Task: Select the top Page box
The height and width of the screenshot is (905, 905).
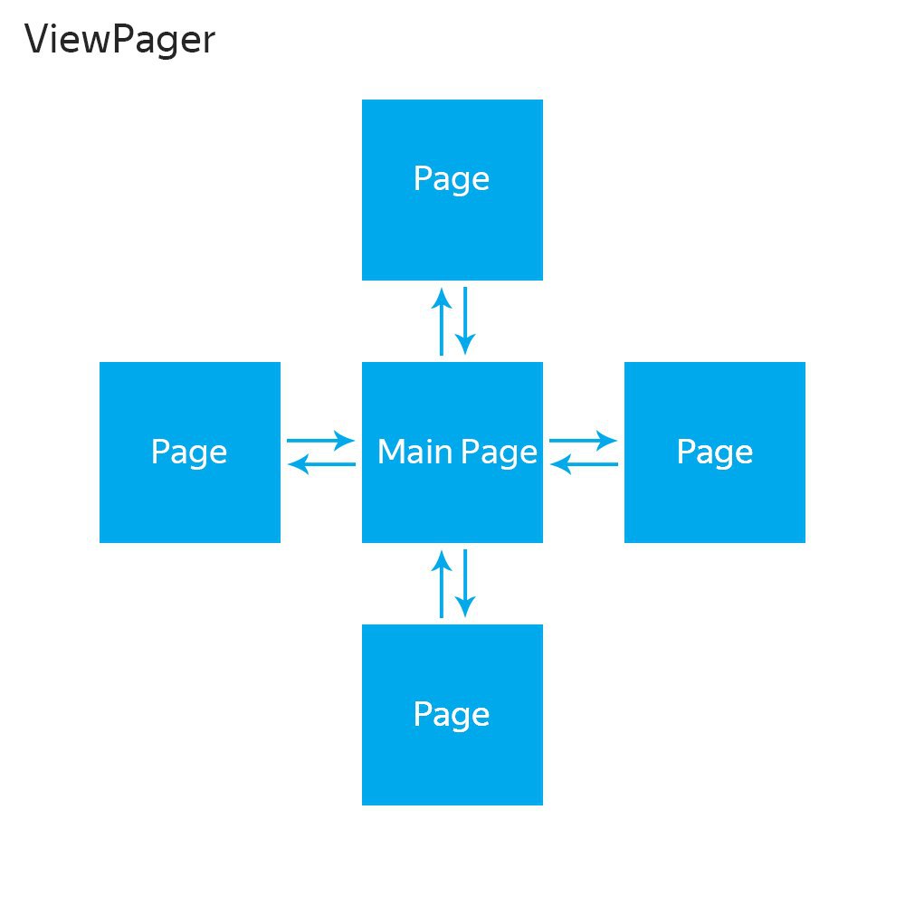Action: point(452,190)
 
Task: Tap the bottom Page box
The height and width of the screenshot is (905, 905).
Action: point(452,715)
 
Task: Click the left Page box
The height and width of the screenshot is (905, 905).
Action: point(190,452)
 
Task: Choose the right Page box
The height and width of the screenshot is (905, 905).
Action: point(715,452)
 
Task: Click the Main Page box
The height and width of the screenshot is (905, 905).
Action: point(452,452)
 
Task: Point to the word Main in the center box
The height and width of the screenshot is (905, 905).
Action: point(414,452)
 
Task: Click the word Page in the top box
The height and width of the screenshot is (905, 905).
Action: point(452,179)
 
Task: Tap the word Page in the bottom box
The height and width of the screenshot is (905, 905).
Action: point(452,716)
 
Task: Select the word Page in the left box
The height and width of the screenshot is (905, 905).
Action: point(189,452)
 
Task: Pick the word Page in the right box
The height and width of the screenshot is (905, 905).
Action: point(715,452)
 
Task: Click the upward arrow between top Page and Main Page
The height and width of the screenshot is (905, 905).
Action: point(442,321)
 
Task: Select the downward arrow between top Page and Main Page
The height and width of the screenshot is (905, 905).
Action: point(465,321)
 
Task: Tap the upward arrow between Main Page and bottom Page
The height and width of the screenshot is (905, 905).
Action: point(442,584)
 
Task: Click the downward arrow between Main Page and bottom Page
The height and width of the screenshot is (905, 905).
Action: point(465,584)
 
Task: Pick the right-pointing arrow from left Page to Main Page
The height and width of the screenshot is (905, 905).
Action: point(321,441)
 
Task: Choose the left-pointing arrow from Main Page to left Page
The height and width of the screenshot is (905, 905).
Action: point(321,464)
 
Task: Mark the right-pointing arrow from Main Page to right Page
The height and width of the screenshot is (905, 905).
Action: point(584,441)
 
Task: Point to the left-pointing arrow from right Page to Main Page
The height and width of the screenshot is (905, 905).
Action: point(584,464)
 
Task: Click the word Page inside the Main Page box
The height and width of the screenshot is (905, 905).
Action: point(500,452)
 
